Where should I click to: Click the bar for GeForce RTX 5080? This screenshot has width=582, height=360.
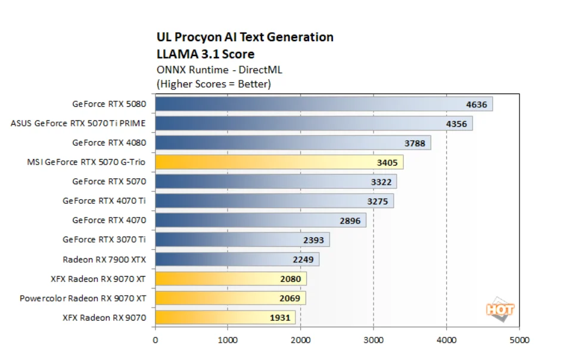310,104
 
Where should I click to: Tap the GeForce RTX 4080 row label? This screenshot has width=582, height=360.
109,143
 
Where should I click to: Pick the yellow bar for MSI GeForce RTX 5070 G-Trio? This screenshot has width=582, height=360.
268,162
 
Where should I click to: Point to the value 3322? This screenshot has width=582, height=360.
379,182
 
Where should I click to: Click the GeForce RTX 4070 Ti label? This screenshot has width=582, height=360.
104,201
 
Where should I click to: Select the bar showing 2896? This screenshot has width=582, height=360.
250,220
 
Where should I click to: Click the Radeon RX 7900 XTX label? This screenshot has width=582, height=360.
104,259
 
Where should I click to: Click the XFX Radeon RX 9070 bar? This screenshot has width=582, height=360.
214,317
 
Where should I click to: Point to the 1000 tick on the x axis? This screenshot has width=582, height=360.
228,340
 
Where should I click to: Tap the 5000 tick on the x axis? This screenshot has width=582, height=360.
519,340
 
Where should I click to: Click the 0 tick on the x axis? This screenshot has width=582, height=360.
155,340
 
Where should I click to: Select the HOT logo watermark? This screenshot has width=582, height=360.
500,310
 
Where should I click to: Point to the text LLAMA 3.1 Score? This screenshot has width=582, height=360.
205,54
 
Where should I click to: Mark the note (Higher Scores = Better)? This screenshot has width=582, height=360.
213,84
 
